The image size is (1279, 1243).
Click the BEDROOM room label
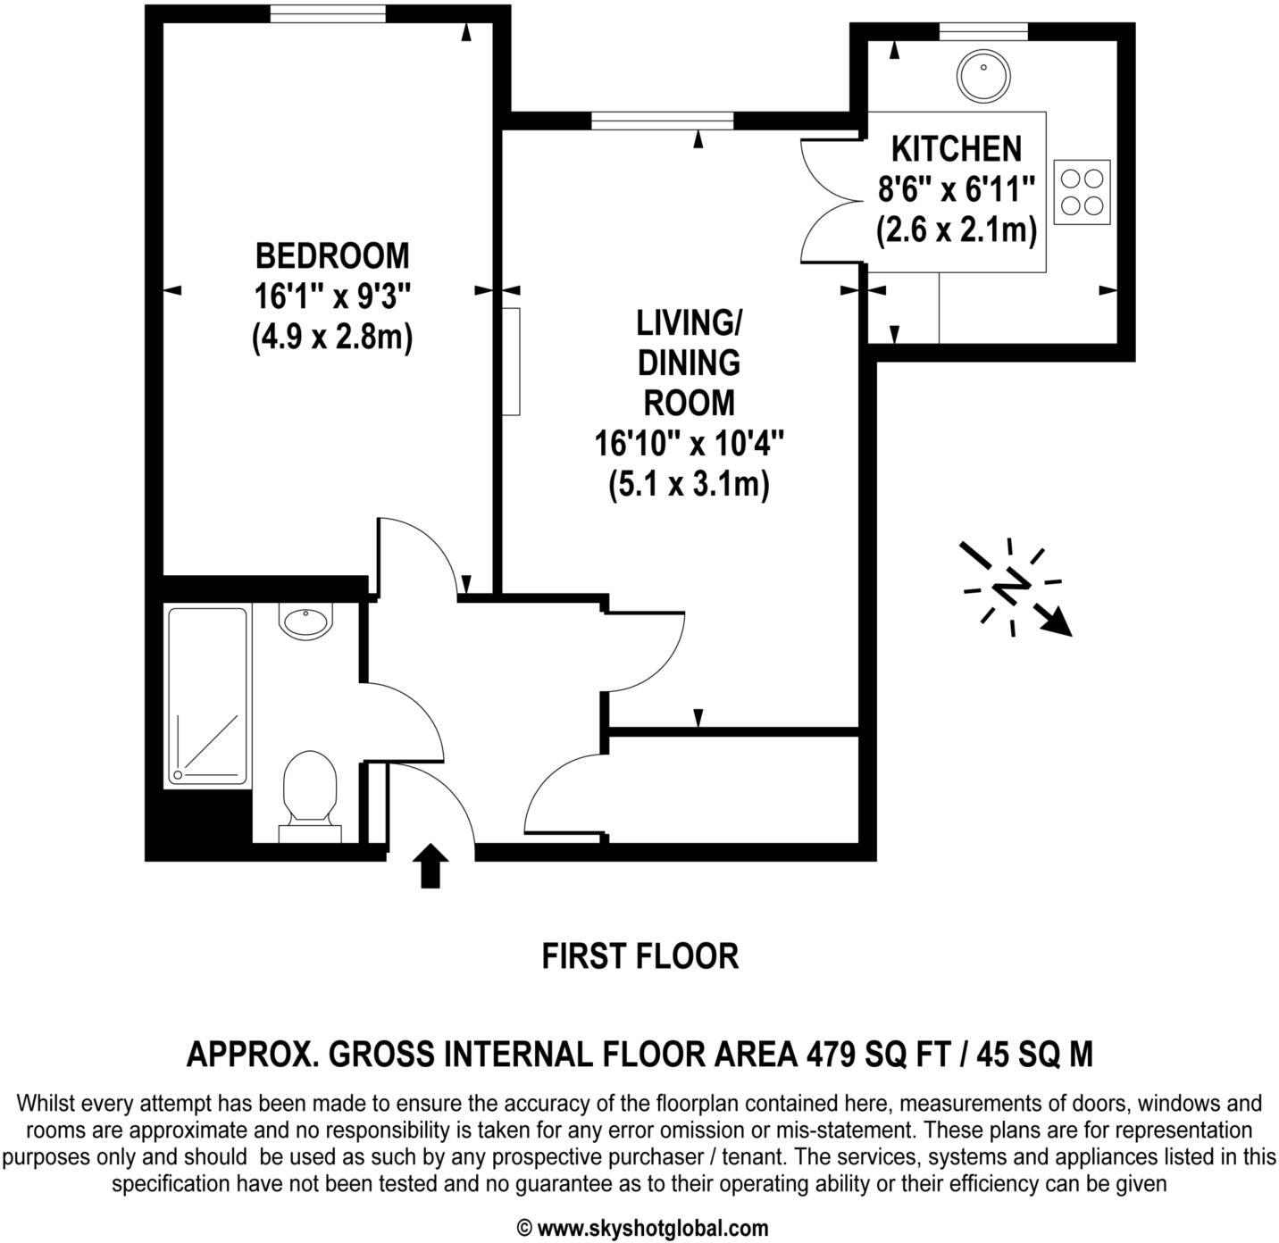(331, 255)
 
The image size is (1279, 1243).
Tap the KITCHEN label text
(956, 148)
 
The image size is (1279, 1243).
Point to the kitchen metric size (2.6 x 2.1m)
(956, 230)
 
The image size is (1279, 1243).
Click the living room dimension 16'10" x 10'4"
(689, 443)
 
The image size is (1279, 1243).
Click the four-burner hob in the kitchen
(1082, 192)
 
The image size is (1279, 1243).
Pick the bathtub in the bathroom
(207, 697)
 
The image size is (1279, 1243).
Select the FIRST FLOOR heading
(639, 956)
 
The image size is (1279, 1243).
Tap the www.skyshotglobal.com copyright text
(642, 1228)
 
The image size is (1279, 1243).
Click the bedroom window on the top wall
(330, 14)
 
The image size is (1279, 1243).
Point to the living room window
(662, 121)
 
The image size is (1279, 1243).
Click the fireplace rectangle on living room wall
(511, 361)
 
